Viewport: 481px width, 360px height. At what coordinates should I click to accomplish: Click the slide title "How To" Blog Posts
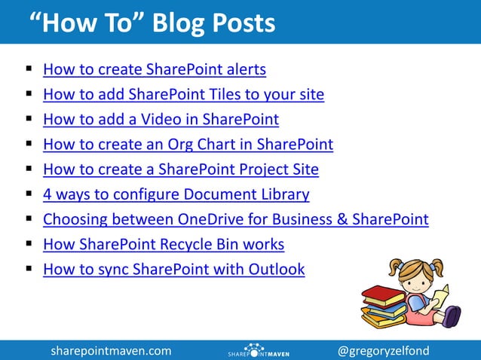click(x=152, y=23)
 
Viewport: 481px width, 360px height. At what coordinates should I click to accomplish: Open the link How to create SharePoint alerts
click(x=155, y=70)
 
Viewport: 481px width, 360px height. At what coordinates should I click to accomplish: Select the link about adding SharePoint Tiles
click(x=183, y=95)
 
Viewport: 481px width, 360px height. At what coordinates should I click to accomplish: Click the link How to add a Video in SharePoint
click(x=161, y=120)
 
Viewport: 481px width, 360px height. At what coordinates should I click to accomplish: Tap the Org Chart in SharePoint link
click(x=188, y=145)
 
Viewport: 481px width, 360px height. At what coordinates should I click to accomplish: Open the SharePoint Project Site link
click(x=180, y=169)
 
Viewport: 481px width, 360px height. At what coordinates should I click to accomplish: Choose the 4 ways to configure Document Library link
click(x=176, y=194)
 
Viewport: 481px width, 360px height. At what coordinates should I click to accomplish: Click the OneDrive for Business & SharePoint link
click(x=235, y=220)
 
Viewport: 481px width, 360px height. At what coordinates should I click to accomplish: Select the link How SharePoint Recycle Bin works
click(x=163, y=245)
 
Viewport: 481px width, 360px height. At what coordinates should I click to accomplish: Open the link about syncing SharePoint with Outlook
click(x=173, y=270)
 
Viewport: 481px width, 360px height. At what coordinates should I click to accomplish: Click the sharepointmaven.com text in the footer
click(x=111, y=351)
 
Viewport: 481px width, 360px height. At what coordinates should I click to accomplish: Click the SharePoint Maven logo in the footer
click(x=258, y=351)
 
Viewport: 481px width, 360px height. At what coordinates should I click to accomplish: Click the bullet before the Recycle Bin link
click(x=28, y=245)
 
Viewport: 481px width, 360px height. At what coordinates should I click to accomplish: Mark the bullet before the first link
click(x=28, y=70)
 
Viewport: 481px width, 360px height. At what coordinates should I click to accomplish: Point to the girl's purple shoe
click(x=452, y=317)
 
